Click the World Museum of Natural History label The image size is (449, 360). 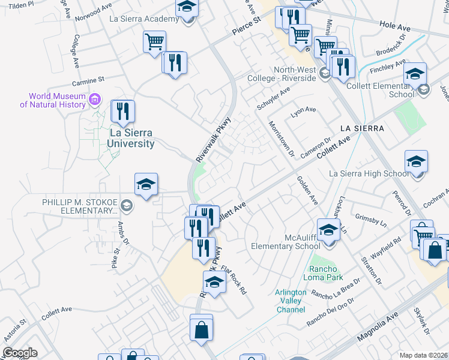pyautogui.click(x=53, y=100)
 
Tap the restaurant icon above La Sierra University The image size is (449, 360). pyautogui.click(x=123, y=111)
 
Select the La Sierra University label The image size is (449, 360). pyautogui.click(x=131, y=138)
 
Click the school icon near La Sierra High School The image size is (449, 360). pyautogui.click(x=417, y=162)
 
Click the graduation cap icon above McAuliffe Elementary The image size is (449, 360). pyautogui.click(x=328, y=230)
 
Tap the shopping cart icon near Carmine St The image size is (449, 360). pyautogui.click(x=154, y=42)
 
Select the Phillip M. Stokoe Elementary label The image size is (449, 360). pyautogui.click(x=80, y=206)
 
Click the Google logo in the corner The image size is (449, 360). pyautogui.click(x=20, y=353)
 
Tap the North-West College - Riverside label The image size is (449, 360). pyautogui.click(x=286, y=74)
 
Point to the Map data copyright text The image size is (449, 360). pyautogui.click(x=423, y=355)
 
